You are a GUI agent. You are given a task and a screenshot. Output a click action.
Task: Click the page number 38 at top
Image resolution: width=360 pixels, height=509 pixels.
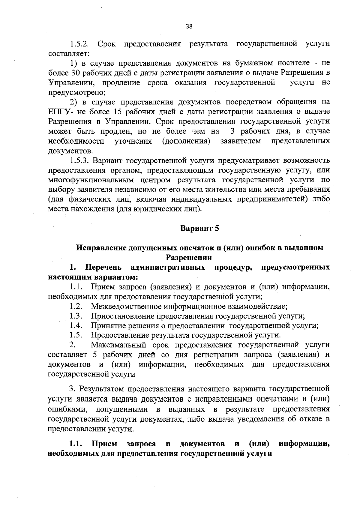tap(189, 26)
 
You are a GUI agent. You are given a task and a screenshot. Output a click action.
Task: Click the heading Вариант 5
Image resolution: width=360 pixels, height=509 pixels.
tap(199, 228)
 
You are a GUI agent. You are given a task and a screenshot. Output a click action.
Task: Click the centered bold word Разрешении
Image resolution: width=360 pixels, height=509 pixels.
tap(189, 257)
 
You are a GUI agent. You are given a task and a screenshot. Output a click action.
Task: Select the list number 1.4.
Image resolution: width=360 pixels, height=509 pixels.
tap(76, 325)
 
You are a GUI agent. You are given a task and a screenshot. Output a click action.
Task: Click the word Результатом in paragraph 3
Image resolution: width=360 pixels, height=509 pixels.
tap(101, 389)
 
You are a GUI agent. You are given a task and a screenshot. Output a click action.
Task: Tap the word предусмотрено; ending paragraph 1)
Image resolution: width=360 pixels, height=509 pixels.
tap(77, 92)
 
